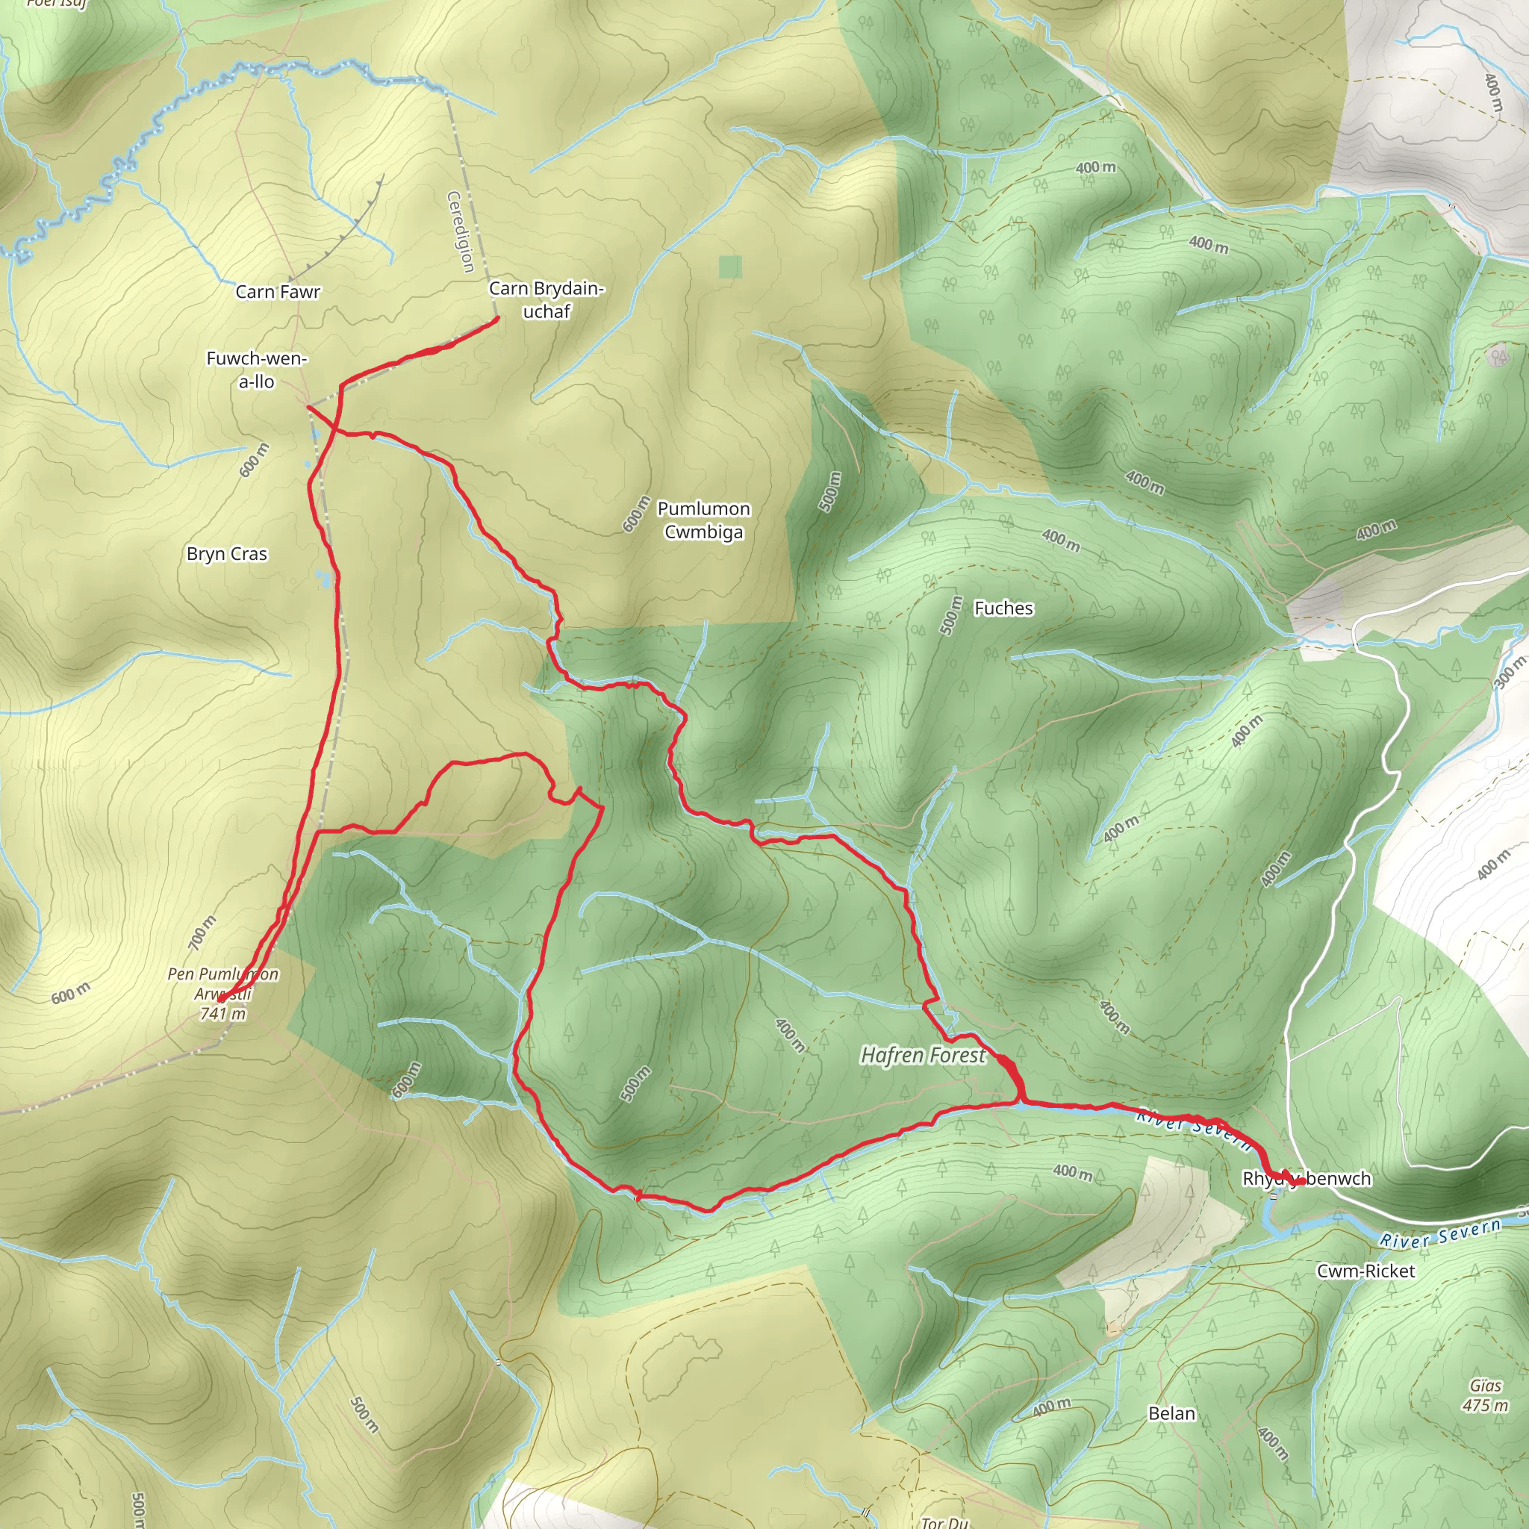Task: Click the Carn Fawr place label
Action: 278,292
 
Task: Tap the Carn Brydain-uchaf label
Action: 546,300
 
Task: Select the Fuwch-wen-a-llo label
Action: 256,370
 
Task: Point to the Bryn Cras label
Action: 227,554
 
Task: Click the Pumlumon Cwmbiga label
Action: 703,520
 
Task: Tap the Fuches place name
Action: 1003,608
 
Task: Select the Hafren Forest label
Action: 923,1056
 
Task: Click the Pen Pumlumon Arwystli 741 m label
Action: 223,993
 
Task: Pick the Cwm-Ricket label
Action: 1365,1271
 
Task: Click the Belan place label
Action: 1171,1413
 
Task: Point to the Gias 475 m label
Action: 1485,1395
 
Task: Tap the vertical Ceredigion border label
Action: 461,232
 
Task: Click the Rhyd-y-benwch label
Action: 1307,1178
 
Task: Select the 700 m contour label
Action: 202,932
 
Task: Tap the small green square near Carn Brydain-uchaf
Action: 730,267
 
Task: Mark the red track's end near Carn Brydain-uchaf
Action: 497,318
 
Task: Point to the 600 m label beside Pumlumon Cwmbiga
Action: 636,514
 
